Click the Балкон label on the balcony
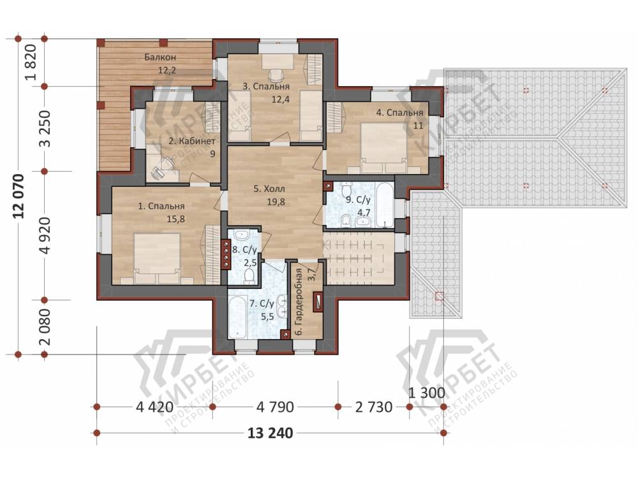(160, 57)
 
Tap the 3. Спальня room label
(266, 87)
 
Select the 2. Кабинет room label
(192, 141)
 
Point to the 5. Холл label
(269, 189)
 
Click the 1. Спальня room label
(161, 207)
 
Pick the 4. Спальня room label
(399, 113)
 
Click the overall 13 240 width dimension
(270, 434)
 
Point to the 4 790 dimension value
(275, 407)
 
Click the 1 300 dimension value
(426, 393)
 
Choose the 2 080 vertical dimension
(45, 327)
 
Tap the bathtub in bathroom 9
(385, 205)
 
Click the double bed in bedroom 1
(158, 258)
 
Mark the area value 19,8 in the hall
(276, 202)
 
